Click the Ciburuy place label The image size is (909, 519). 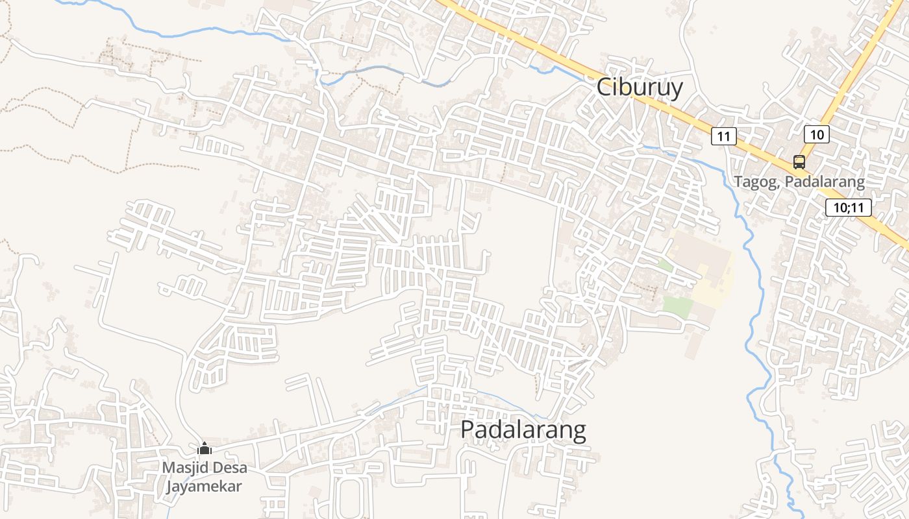(640, 87)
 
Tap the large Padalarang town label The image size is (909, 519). (523, 430)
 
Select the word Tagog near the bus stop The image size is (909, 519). (756, 182)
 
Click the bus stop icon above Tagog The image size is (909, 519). (799, 162)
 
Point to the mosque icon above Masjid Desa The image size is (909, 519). (205, 448)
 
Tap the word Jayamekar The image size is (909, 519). (204, 487)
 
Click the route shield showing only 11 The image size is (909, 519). (724, 136)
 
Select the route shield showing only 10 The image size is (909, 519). (817, 134)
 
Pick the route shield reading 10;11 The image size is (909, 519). (849, 208)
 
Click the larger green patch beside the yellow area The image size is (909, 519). (677, 306)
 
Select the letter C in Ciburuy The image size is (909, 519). (604, 87)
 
